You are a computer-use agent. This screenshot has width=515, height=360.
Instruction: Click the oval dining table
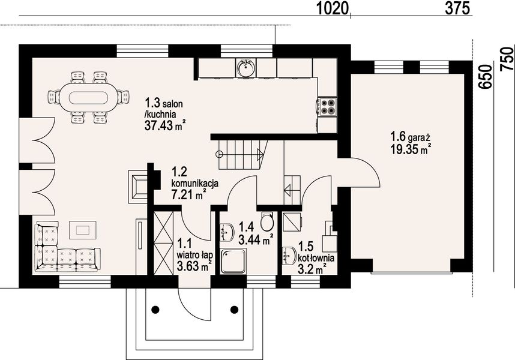pos(88,97)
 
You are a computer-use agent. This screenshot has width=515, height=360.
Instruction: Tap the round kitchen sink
pos(245,68)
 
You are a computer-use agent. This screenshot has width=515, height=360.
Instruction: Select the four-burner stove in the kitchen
pos(327,106)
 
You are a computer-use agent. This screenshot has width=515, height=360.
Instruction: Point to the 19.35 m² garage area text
pos(411,149)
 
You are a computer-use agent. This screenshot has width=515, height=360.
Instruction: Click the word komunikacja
pos(195,183)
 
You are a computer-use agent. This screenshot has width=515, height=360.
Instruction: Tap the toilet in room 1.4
pos(267,221)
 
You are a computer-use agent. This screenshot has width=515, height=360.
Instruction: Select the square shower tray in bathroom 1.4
pos(233,261)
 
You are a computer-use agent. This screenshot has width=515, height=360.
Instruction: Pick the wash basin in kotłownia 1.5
pos(289,256)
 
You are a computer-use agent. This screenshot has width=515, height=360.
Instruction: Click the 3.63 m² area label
pos(193,265)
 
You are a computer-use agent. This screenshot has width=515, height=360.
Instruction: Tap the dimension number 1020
pos(332,9)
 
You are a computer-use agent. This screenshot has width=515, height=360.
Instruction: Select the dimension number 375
pos(457,9)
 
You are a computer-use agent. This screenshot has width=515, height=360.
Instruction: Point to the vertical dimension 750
pos(507,59)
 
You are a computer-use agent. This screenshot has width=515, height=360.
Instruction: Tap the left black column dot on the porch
pos(155,309)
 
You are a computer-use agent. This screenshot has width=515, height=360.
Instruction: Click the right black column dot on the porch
pos(235,309)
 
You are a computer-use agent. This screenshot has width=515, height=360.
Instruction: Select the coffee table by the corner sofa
pos(82,230)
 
